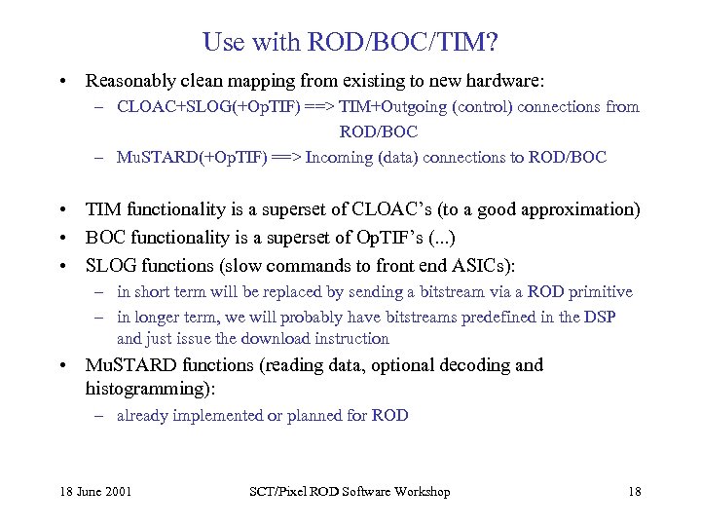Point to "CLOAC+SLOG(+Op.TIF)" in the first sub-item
[192, 107]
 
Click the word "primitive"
[601, 291]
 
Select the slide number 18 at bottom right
[634, 492]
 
